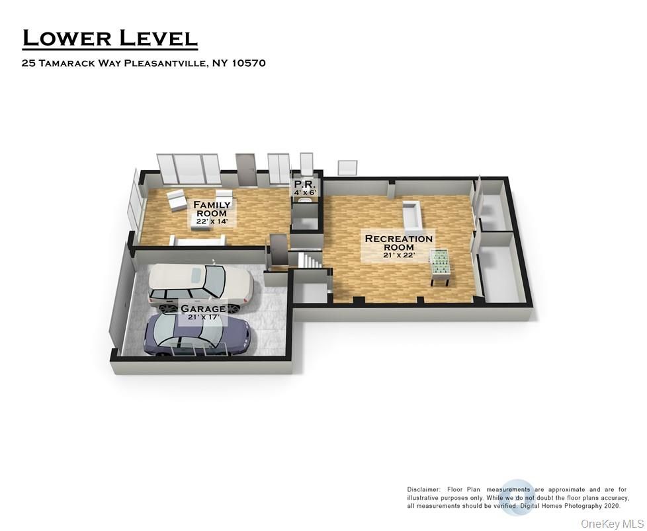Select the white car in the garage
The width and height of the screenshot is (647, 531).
(x=200, y=286)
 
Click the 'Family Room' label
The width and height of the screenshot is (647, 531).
(x=212, y=209)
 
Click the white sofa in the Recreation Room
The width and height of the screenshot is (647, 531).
(x=411, y=213)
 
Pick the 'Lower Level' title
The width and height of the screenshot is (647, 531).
(x=110, y=38)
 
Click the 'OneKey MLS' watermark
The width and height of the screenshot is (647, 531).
(x=607, y=523)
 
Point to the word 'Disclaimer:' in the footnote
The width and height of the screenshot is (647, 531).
(x=423, y=489)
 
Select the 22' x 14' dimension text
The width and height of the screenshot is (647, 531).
(x=212, y=222)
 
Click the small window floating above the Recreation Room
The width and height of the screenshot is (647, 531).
(x=347, y=168)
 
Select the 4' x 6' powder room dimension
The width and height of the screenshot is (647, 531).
(x=306, y=192)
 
